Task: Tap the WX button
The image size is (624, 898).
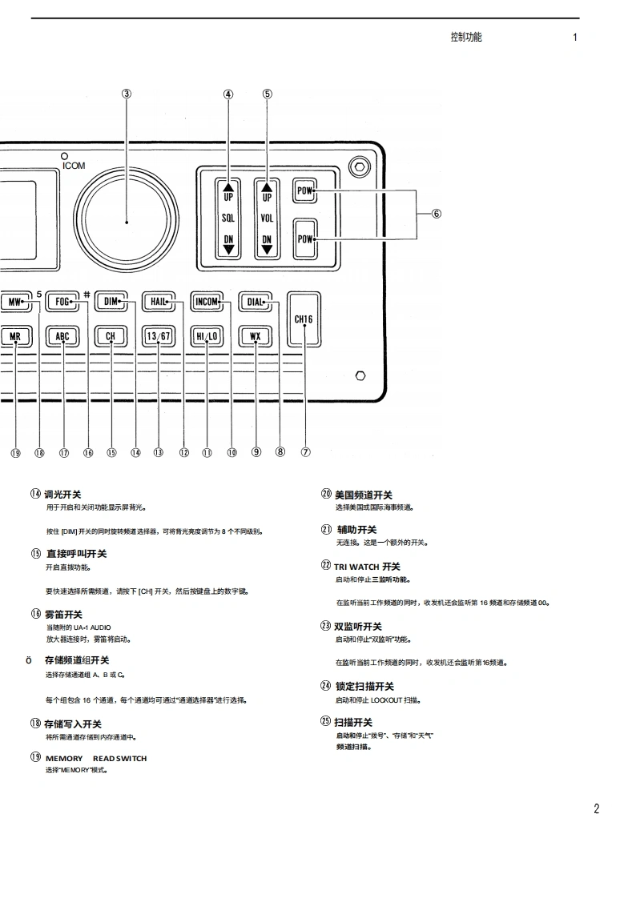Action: point(255,336)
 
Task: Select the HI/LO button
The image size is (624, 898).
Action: point(207,336)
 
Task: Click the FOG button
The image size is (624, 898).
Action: point(63,302)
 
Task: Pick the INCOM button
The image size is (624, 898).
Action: point(207,302)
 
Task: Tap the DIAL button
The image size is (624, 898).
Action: point(255,302)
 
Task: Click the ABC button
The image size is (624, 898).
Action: point(62,336)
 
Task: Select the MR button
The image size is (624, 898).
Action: point(15,336)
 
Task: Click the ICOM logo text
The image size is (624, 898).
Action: point(74,166)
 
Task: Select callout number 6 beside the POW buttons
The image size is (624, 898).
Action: point(437,214)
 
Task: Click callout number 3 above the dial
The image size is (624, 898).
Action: point(127,94)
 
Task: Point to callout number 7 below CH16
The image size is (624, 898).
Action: point(305,451)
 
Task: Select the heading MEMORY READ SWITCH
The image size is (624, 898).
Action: point(96,758)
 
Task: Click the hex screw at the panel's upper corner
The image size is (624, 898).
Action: point(359,169)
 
